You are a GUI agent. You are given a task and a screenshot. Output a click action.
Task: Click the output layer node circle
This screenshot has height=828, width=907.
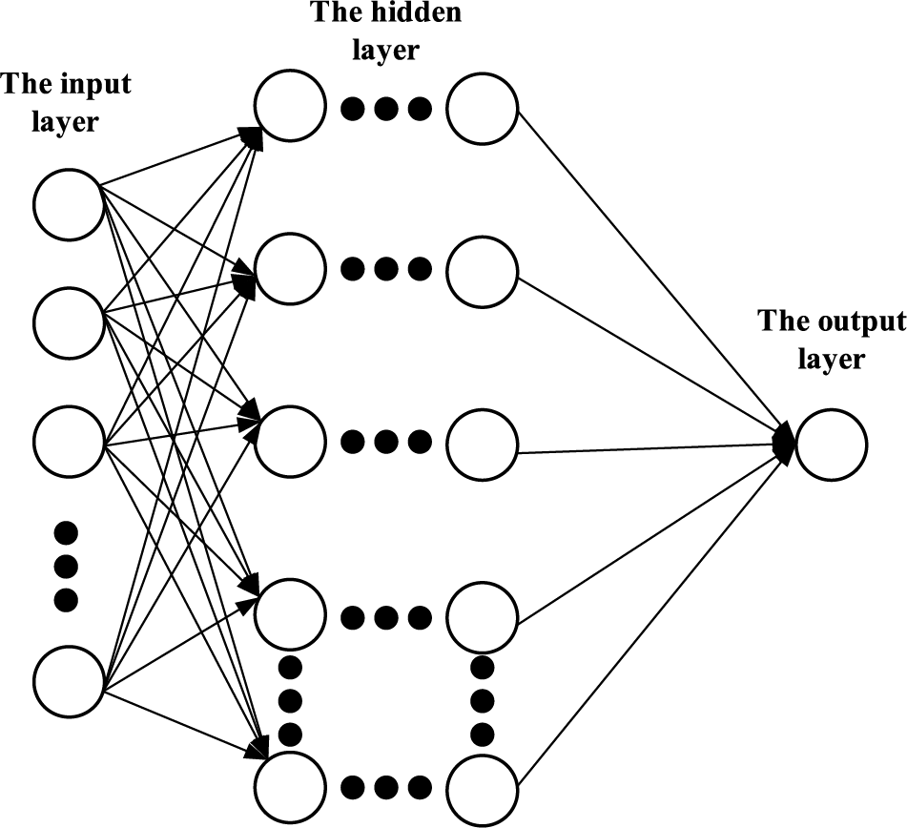(831, 445)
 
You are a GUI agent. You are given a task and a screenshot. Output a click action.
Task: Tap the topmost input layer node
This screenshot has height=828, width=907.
(69, 204)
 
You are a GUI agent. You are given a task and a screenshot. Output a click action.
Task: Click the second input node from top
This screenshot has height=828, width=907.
(69, 323)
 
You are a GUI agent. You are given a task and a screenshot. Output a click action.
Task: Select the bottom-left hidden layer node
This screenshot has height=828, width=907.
(290, 788)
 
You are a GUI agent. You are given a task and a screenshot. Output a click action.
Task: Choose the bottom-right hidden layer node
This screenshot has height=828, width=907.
(483, 788)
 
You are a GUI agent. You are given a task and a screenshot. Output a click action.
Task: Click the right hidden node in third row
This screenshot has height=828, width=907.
(483, 443)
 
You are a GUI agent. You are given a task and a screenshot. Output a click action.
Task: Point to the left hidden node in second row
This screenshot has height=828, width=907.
(290, 270)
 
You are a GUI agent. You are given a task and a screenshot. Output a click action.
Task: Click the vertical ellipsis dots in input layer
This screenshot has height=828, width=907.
(65, 566)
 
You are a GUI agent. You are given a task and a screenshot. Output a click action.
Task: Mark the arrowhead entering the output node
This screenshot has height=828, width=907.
(784, 442)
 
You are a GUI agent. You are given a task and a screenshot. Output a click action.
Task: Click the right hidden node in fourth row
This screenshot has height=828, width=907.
(483, 618)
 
